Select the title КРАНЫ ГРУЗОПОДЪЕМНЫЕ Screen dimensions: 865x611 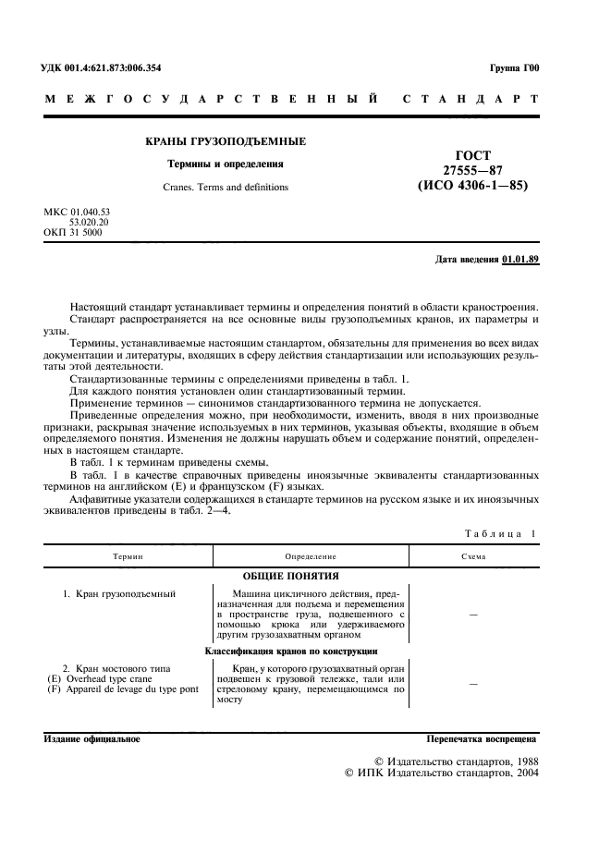226,141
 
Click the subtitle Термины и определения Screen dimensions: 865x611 225,164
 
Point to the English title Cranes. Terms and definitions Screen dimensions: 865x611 226,187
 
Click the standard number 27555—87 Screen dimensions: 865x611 472,170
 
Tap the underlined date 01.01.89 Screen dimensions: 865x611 520,259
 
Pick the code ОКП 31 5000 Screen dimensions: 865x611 73,232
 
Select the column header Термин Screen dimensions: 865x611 128,557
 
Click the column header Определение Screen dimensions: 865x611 310,557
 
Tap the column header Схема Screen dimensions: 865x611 473,557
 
